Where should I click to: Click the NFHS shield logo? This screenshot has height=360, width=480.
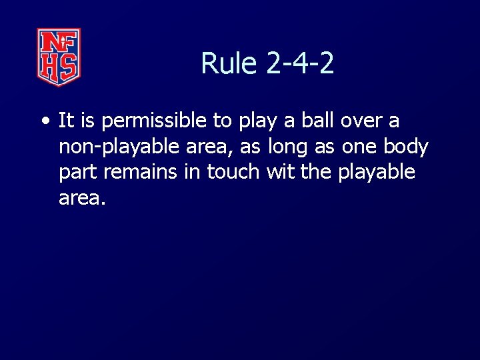pyautogui.click(x=59, y=57)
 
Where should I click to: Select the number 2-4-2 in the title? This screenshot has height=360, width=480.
pyautogui.click(x=300, y=64)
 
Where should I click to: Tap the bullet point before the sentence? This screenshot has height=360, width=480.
pyautogui.click(x=44, y=122)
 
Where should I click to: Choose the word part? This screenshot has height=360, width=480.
pyautogui.click(x=79, y=172)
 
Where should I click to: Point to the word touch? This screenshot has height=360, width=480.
pyautogui.click(x=233, y=171)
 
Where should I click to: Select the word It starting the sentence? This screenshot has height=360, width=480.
pyautogui.click(x=65, y=121)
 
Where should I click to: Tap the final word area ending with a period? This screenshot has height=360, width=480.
pyautogui.click(x=82, y=197)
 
